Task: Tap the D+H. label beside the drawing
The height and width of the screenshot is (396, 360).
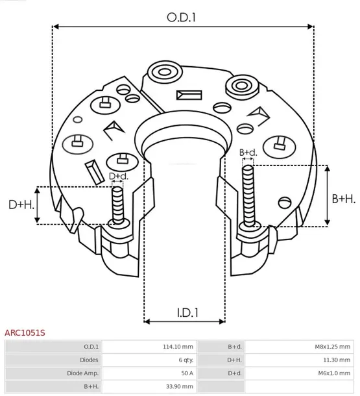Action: pos(21,205)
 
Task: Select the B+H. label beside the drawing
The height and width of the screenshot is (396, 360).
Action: pos(343,199)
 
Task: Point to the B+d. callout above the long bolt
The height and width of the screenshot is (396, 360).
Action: pos(248,153)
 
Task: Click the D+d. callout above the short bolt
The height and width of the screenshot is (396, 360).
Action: pos(117,176)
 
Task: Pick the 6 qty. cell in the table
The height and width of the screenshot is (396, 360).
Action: pos(184,360)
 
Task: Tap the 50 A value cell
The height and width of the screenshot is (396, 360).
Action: pos(187,373)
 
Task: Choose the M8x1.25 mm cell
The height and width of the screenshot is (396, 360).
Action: pos(331,347)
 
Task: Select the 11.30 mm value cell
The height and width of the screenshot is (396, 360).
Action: pos(337,360)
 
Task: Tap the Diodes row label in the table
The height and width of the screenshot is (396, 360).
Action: pos(89,360)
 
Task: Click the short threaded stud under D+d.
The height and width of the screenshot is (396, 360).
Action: pos(117,204)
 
